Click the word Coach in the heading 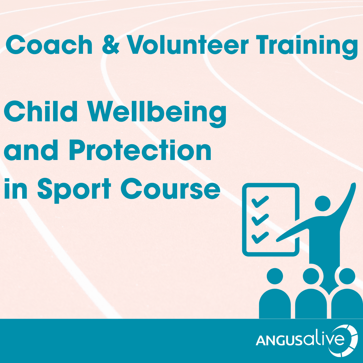point(49,45)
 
